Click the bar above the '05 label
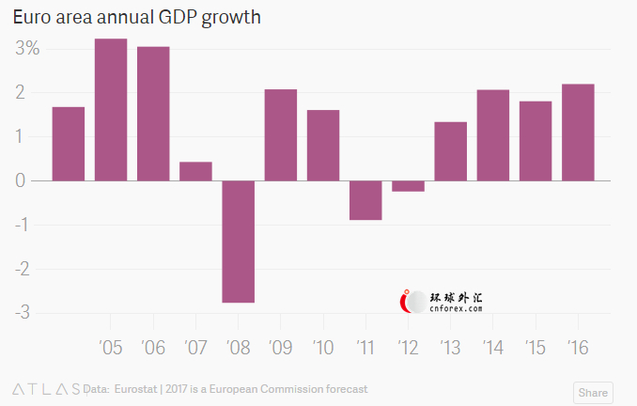click(x=111, y=109)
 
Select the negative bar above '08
click(x=239, y=241)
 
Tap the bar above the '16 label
click(x=578, y=133)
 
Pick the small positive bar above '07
click(x=195, y=171)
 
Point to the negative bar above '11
click(x=365, y=200)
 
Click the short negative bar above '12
click(x=408, y=186)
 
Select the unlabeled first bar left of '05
click(x=69, y=143)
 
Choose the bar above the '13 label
click(x=451, y=150)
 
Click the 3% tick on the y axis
click(x=25, y=49)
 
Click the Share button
click(x=592, y=393)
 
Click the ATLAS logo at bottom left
click(x=45, y=388)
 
